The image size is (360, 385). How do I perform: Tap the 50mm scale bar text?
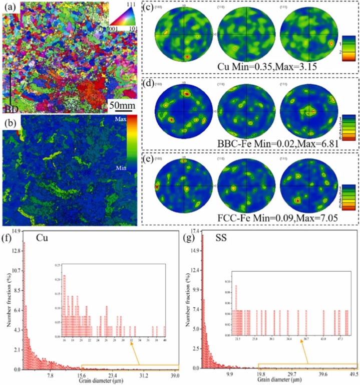tap(122, 106)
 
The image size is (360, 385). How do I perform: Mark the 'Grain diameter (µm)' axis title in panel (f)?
tap(98, 380)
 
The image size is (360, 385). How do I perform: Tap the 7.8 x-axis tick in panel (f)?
tap(51, 375)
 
